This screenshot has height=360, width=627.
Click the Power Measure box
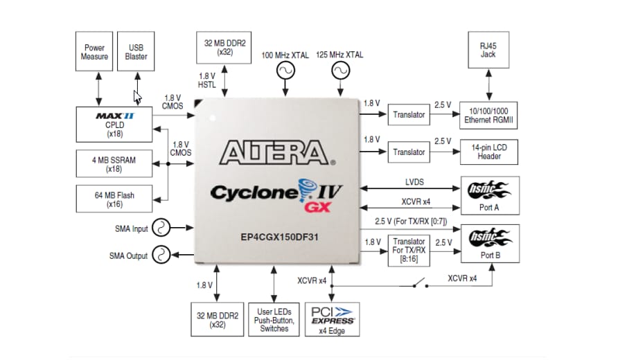(x=95, y=52)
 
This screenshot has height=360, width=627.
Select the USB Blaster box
(x=136, y=52)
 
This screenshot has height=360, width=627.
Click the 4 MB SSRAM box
(x=114, y=164)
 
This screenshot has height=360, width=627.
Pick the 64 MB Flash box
(x=114, y=199)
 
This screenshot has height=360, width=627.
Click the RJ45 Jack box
(x=488, y=50)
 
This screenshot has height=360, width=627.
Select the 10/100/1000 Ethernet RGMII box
(x=489, y=114)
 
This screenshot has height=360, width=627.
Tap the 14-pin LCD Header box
(x=489, y=152)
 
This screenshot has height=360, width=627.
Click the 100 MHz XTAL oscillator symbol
(x=285, y=71)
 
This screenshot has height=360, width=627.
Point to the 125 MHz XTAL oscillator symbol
(x=339, y=71)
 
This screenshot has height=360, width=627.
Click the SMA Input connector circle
(x=161, y=228)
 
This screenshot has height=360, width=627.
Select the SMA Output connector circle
(x=161, y=255)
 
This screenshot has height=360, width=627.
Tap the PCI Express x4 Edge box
(x=333, y=318)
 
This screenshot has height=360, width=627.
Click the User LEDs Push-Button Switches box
(x=274, y=318)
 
